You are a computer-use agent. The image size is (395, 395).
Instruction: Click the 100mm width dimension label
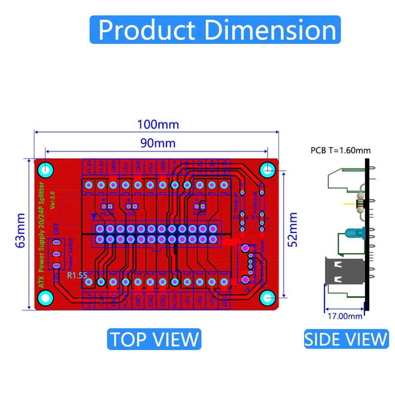(158, 124)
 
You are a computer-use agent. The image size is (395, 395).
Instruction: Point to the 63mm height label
(20, 231)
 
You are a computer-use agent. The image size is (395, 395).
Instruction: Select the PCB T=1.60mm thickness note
(340, 151)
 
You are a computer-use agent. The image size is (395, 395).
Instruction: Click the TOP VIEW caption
(154, 339)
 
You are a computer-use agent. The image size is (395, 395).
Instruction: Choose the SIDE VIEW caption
(346, 339)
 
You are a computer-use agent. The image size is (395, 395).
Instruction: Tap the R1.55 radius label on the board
(77, 276)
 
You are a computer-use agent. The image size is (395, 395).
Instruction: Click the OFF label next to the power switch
(56, 229)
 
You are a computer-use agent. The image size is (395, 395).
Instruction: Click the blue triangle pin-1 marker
(94, 216)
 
